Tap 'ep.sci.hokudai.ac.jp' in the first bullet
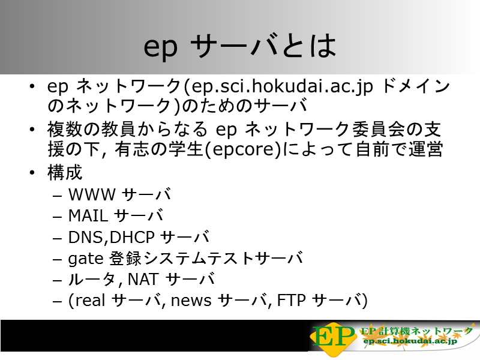pos(282,86)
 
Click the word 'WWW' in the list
pos(92,194)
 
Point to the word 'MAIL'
pos(88,215)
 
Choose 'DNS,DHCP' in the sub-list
pos(111,237)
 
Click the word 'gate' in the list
pos(85,259)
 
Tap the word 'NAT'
pos(143,279)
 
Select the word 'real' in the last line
pos(90,301)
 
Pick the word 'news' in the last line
pos(191,301)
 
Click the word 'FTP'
pos(291,301)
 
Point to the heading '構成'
pos(65,172)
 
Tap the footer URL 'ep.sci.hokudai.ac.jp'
pos(410,341)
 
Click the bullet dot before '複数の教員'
pos(32,130)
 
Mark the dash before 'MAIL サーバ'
pos(57,217)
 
